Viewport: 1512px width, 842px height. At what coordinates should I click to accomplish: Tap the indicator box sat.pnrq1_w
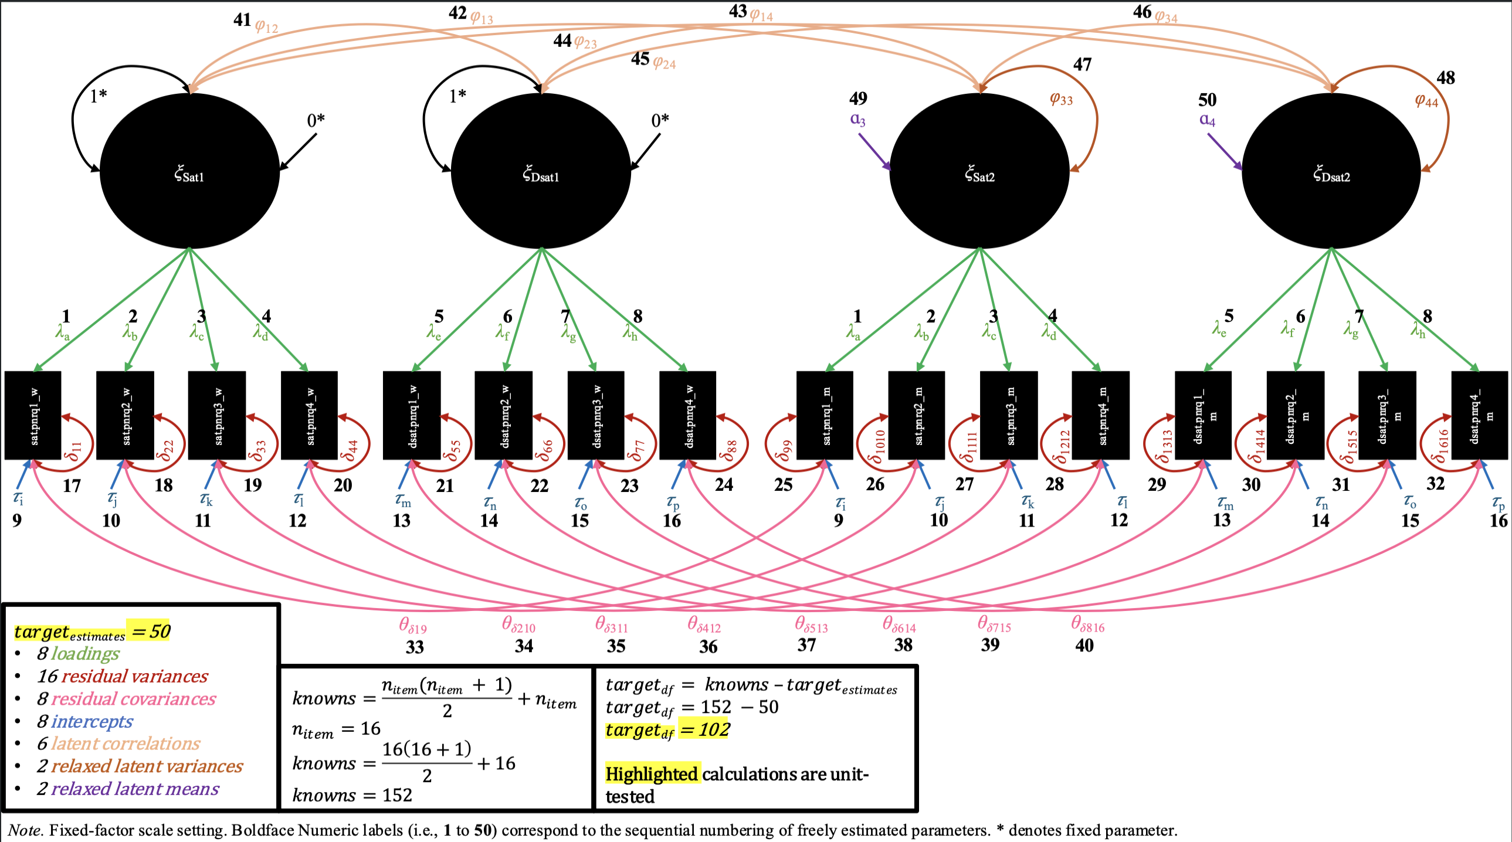click(x=33, y=415)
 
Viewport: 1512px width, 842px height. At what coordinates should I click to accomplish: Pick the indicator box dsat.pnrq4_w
click(x=688, y=415)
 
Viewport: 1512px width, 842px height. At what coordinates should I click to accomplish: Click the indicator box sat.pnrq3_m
click(x=1009, y=415)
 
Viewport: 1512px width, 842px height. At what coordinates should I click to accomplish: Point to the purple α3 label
click(x=857, y=119)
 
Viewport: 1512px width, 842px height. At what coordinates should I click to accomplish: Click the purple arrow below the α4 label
click(x=1225, y=151)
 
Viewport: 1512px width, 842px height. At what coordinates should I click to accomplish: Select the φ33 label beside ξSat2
click(x=1061, y=99)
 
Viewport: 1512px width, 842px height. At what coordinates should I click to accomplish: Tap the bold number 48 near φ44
click(x=1445, y=77)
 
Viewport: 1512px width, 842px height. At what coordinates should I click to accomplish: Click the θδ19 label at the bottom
click(x=413, y=626)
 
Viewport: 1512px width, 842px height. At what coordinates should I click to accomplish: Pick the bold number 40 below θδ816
click(x=1084, y=646)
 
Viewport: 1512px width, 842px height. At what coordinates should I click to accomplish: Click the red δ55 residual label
click(x=452, y=450)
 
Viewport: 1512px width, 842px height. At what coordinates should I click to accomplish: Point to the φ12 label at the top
click(x=266, y=26)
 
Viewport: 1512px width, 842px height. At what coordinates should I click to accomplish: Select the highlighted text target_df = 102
click(x=667, y=729)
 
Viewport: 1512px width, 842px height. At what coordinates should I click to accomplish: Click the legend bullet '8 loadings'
click(x=78, y=653)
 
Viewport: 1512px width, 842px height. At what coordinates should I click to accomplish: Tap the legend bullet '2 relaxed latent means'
click(x=128, y=789)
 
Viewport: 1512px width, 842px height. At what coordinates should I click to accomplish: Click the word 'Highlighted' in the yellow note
click(x=652, y=774)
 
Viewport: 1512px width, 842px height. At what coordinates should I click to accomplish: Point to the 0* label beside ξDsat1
click(x=660, y=120)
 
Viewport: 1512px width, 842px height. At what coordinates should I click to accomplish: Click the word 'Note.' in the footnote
click(x=25, y=830)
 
